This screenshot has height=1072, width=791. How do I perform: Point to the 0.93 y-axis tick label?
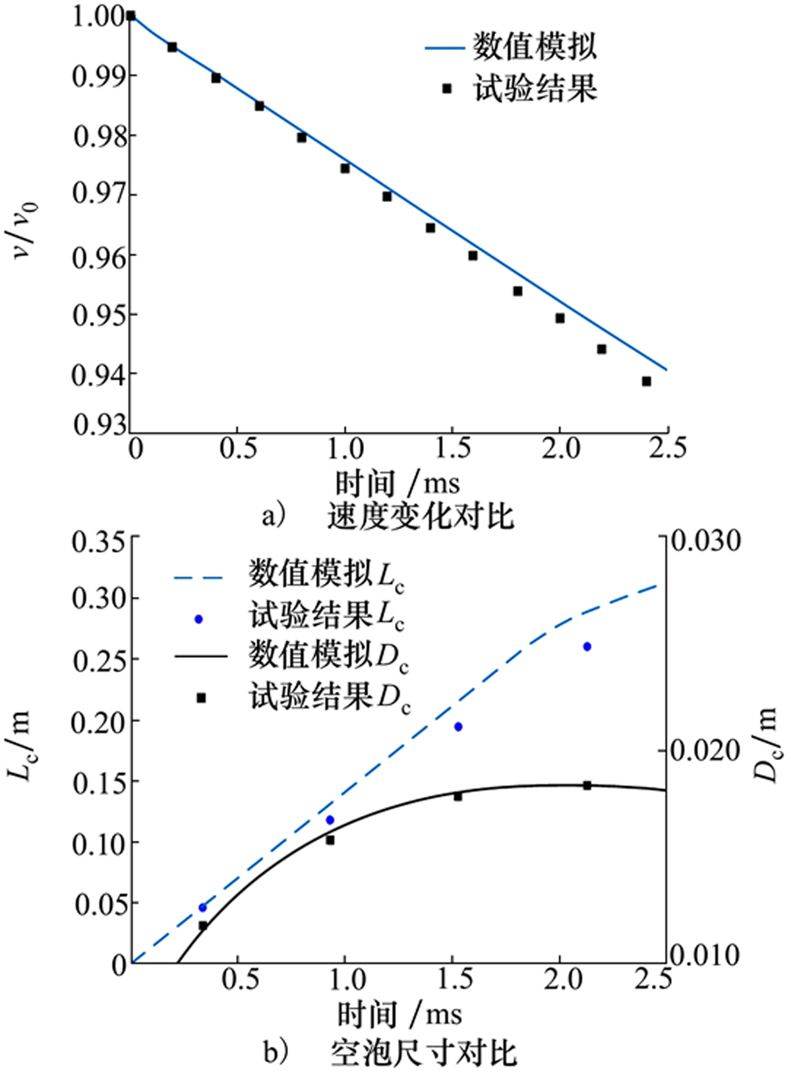pyautogui.click(x=99, y=424)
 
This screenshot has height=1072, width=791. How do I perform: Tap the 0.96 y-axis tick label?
pyautogui.click(x=99, y=255)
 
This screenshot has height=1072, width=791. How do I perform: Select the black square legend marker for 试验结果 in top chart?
pyautogui.click(x=447, y=88)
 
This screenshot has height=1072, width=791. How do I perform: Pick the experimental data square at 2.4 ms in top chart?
pyautogui.click(x=646, y=381)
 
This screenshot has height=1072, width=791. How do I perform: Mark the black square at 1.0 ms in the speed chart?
pyautogui.click(x=345, y=168)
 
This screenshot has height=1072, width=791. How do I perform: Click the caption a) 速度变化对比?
pyautogui.click(x=388, y=517)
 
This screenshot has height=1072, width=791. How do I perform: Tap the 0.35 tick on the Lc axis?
pyautogui.click(x=99, y=542)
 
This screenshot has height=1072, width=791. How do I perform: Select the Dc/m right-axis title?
pyautogui.click(x=767, y=745)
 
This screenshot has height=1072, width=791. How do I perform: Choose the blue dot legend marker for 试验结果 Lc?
pyautogui.click(x=199, y=619)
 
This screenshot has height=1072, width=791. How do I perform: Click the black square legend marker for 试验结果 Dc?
pyautogui.click(x=202, y=698)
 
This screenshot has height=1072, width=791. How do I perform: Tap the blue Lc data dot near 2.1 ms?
pyautogui.click(x=587, y=646)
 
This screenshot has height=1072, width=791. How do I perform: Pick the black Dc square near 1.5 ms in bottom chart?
pyautogui.click(x=458, y=796)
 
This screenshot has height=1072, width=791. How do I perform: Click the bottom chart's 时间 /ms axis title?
pyautogui.click(x=399, y=1015)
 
